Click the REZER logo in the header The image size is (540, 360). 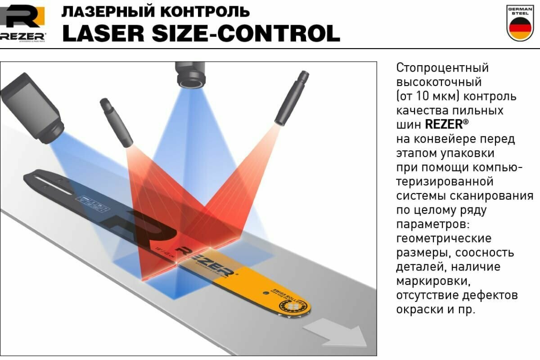click(x=22, y=22)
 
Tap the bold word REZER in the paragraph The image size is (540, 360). click(x=443, y=124)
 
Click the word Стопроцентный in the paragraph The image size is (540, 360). click(x=442, y=68)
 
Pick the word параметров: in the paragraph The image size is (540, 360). click(x=432, y=224)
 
